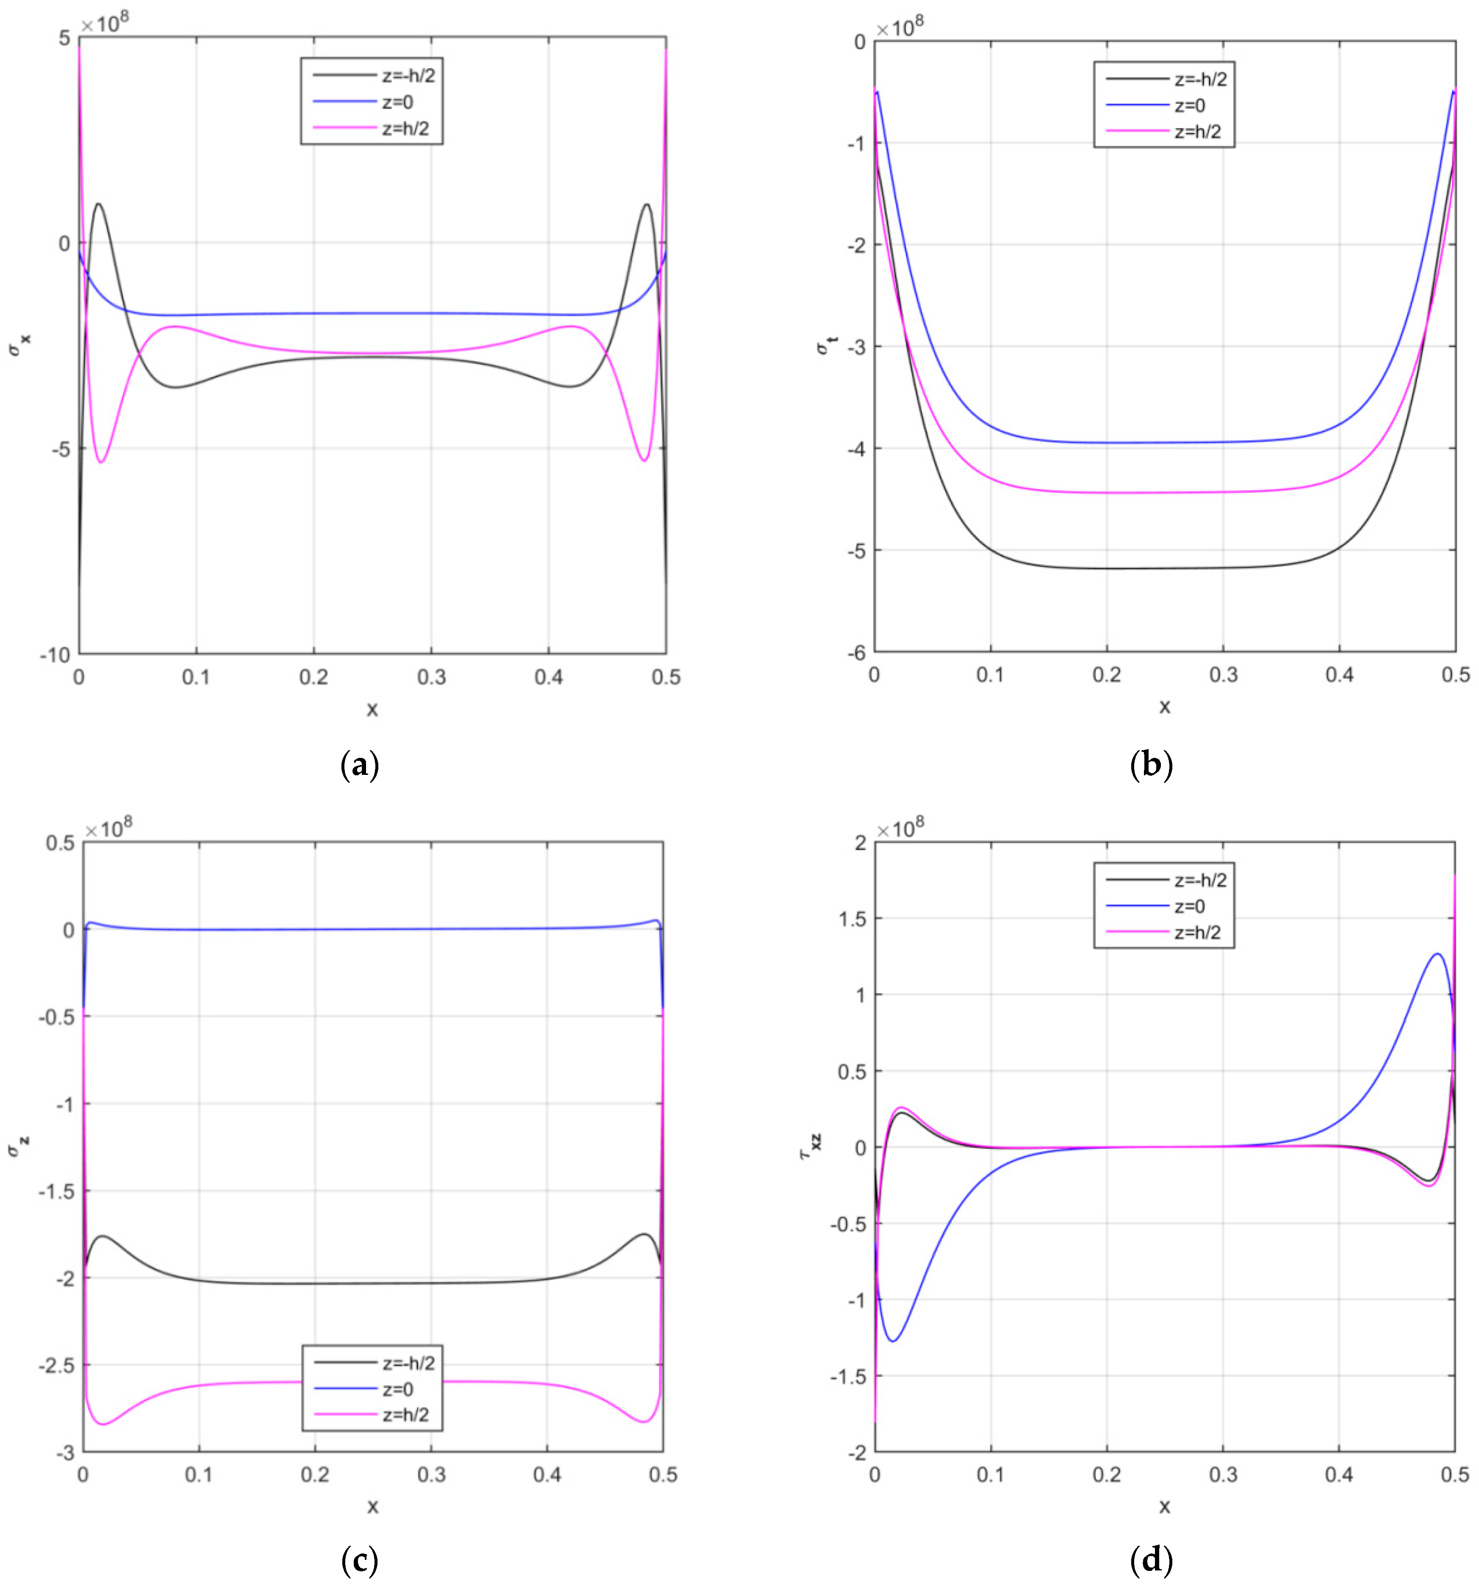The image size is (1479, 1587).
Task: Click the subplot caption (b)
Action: [x=1151, y=765]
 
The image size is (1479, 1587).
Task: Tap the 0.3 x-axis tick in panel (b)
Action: [x=1223, y=675]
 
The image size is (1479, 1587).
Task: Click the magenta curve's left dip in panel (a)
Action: [x=101, y=461]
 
